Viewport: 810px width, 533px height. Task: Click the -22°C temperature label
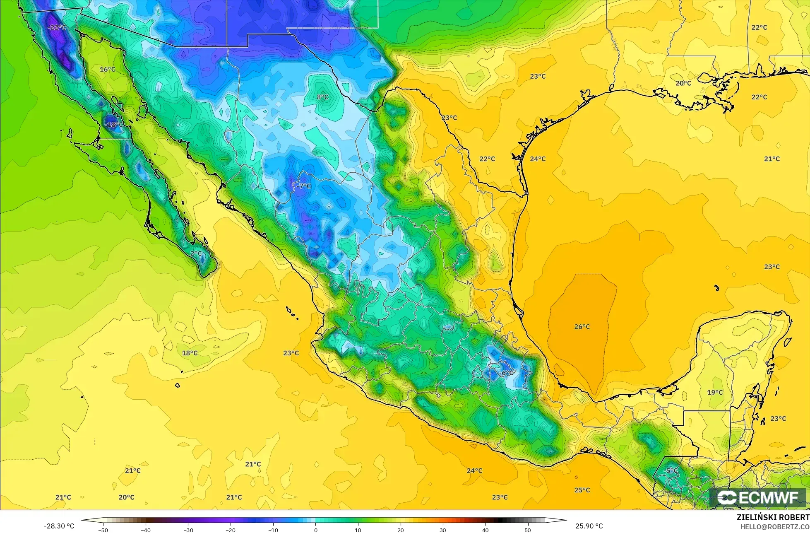57,27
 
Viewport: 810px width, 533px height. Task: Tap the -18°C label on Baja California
114,124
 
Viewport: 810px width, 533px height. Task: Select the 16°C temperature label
107,69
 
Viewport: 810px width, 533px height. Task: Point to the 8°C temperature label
322,97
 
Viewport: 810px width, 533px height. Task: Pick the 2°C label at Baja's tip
196,253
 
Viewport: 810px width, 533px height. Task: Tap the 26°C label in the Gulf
582,326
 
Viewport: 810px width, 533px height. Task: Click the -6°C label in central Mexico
506,373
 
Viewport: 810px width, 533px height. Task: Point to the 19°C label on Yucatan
715,392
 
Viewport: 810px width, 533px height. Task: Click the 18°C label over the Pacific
190,353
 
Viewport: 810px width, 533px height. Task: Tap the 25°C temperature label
582,490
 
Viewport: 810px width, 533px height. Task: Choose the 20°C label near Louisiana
683,83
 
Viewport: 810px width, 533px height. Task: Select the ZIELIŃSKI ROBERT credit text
773,517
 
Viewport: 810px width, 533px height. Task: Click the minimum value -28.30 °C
59,526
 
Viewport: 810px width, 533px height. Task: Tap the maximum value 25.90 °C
589,526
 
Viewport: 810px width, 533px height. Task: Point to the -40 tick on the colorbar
146,530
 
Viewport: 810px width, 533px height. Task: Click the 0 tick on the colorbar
315,530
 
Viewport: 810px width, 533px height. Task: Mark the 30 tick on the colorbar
442,530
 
